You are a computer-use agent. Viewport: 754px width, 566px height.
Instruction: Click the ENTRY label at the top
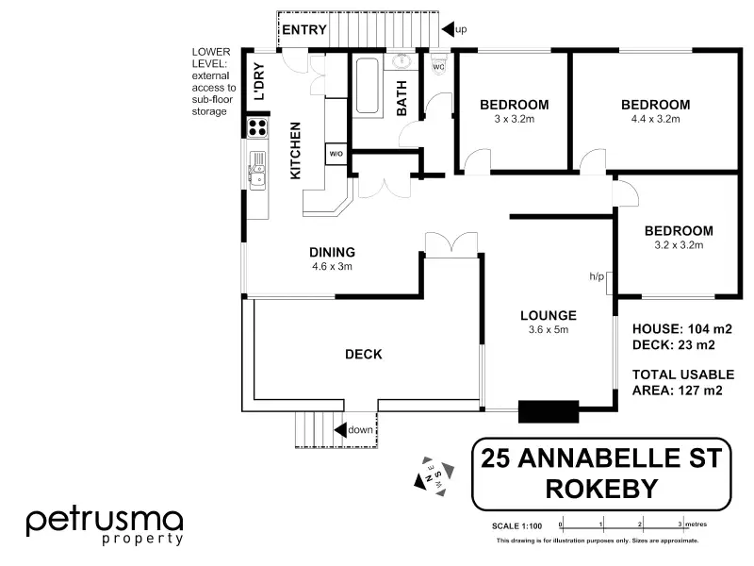coord(303,30)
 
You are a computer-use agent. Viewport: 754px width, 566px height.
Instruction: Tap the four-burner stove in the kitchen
coord(257,127)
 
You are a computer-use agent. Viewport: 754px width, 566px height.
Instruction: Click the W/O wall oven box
coord(336,154)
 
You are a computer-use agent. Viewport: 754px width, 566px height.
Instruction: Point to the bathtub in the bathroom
coord(368,86)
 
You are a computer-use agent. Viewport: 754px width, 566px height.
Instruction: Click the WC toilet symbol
coord(438,63)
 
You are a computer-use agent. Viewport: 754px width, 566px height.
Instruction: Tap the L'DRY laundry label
coord(259,81)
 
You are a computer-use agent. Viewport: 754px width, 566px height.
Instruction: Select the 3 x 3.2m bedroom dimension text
coord(514,119)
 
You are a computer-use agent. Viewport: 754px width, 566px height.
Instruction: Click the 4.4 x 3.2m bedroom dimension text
coord(655,119)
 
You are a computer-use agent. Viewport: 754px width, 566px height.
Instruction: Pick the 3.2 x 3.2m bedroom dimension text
coord(679,245)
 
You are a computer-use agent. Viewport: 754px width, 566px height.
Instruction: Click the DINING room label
coord(332,252)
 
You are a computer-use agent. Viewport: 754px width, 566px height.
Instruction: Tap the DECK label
coord(364,355)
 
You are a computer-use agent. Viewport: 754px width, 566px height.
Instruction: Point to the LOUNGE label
coord(549,316)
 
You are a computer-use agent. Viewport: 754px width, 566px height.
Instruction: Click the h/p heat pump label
coord(597,276)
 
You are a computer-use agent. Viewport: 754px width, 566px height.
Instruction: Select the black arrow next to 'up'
coord(448,29)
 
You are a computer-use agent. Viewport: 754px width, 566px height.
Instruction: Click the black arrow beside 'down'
coord(340,430)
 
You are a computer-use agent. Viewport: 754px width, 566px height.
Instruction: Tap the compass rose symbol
coord(434,476)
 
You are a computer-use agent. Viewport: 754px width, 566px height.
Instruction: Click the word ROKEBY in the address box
coord(601,489)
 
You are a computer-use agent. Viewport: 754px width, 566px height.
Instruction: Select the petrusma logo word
coord(105,522)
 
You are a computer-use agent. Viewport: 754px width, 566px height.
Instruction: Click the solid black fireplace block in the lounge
coord(549,411)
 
